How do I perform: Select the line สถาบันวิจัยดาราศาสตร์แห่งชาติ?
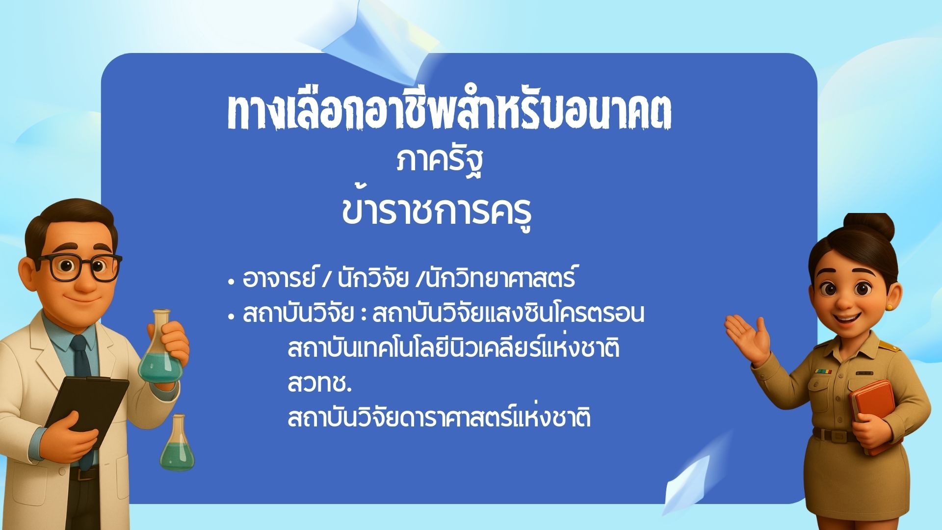439,418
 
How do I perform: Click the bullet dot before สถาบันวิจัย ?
231,318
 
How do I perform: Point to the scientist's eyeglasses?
81,266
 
